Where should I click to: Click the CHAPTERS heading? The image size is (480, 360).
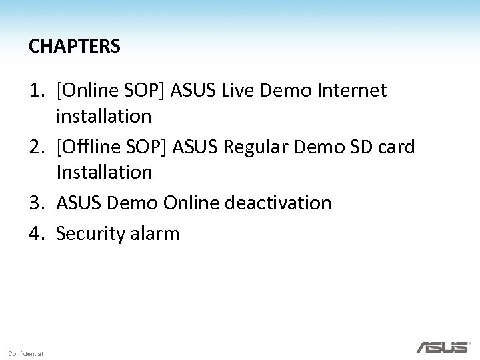point(75,46)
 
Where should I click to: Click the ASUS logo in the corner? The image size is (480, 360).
point(443,347)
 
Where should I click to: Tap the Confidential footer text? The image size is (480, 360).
point(26,353)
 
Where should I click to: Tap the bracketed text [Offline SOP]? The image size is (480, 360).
point(112,146)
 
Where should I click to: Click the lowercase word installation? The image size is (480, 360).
point(104,117)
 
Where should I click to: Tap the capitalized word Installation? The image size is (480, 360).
point(104,173)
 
